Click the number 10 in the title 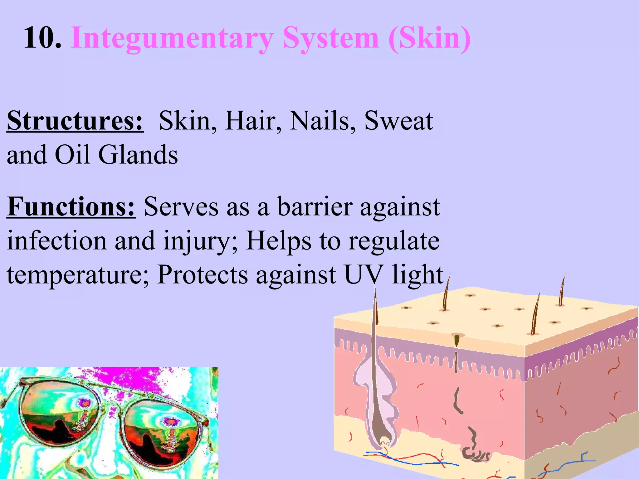(x=42, y=38)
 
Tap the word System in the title (x=331, y=39)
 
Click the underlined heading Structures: (x=75, y=121)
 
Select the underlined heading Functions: (x=71, y=207)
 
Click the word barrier (x=315, y=207)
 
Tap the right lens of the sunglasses (x=162, y=437)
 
